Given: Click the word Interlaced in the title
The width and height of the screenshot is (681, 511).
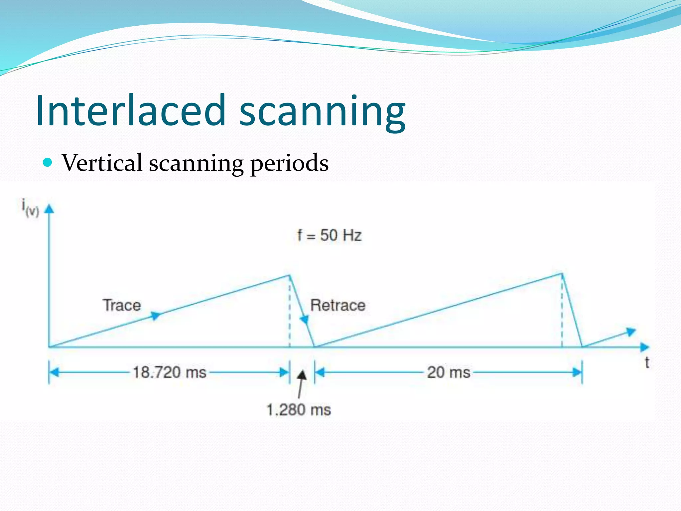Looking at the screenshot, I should pos(131,110).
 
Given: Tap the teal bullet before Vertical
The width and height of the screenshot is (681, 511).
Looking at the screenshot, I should pos(48,162).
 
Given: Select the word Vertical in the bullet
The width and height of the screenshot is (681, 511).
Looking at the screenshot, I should pos(102,163).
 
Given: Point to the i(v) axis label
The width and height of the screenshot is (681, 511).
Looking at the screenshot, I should pos(30,208).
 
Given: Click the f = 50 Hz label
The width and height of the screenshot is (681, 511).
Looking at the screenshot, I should pos(329,235).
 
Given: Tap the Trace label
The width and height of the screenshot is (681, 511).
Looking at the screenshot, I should pos(122,305).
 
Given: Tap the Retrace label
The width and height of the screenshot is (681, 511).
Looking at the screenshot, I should pos(338,305).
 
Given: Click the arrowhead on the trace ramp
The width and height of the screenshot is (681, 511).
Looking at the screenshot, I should pos(156,315).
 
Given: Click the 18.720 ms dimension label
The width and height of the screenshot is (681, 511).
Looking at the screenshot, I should pos(170,372).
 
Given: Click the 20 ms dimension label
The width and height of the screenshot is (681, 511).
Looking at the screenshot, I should pos(449,372).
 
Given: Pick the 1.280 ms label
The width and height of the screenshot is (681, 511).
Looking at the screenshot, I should pos(299,410).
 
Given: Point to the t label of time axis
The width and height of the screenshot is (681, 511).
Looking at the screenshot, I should pos(647,362).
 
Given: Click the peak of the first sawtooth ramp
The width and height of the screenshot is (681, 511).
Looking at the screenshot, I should pos(289,275).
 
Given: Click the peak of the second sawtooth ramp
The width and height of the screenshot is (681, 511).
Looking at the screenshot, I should pos(562,273).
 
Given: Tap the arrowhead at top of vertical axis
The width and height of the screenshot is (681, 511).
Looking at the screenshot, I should pos(49,209).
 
